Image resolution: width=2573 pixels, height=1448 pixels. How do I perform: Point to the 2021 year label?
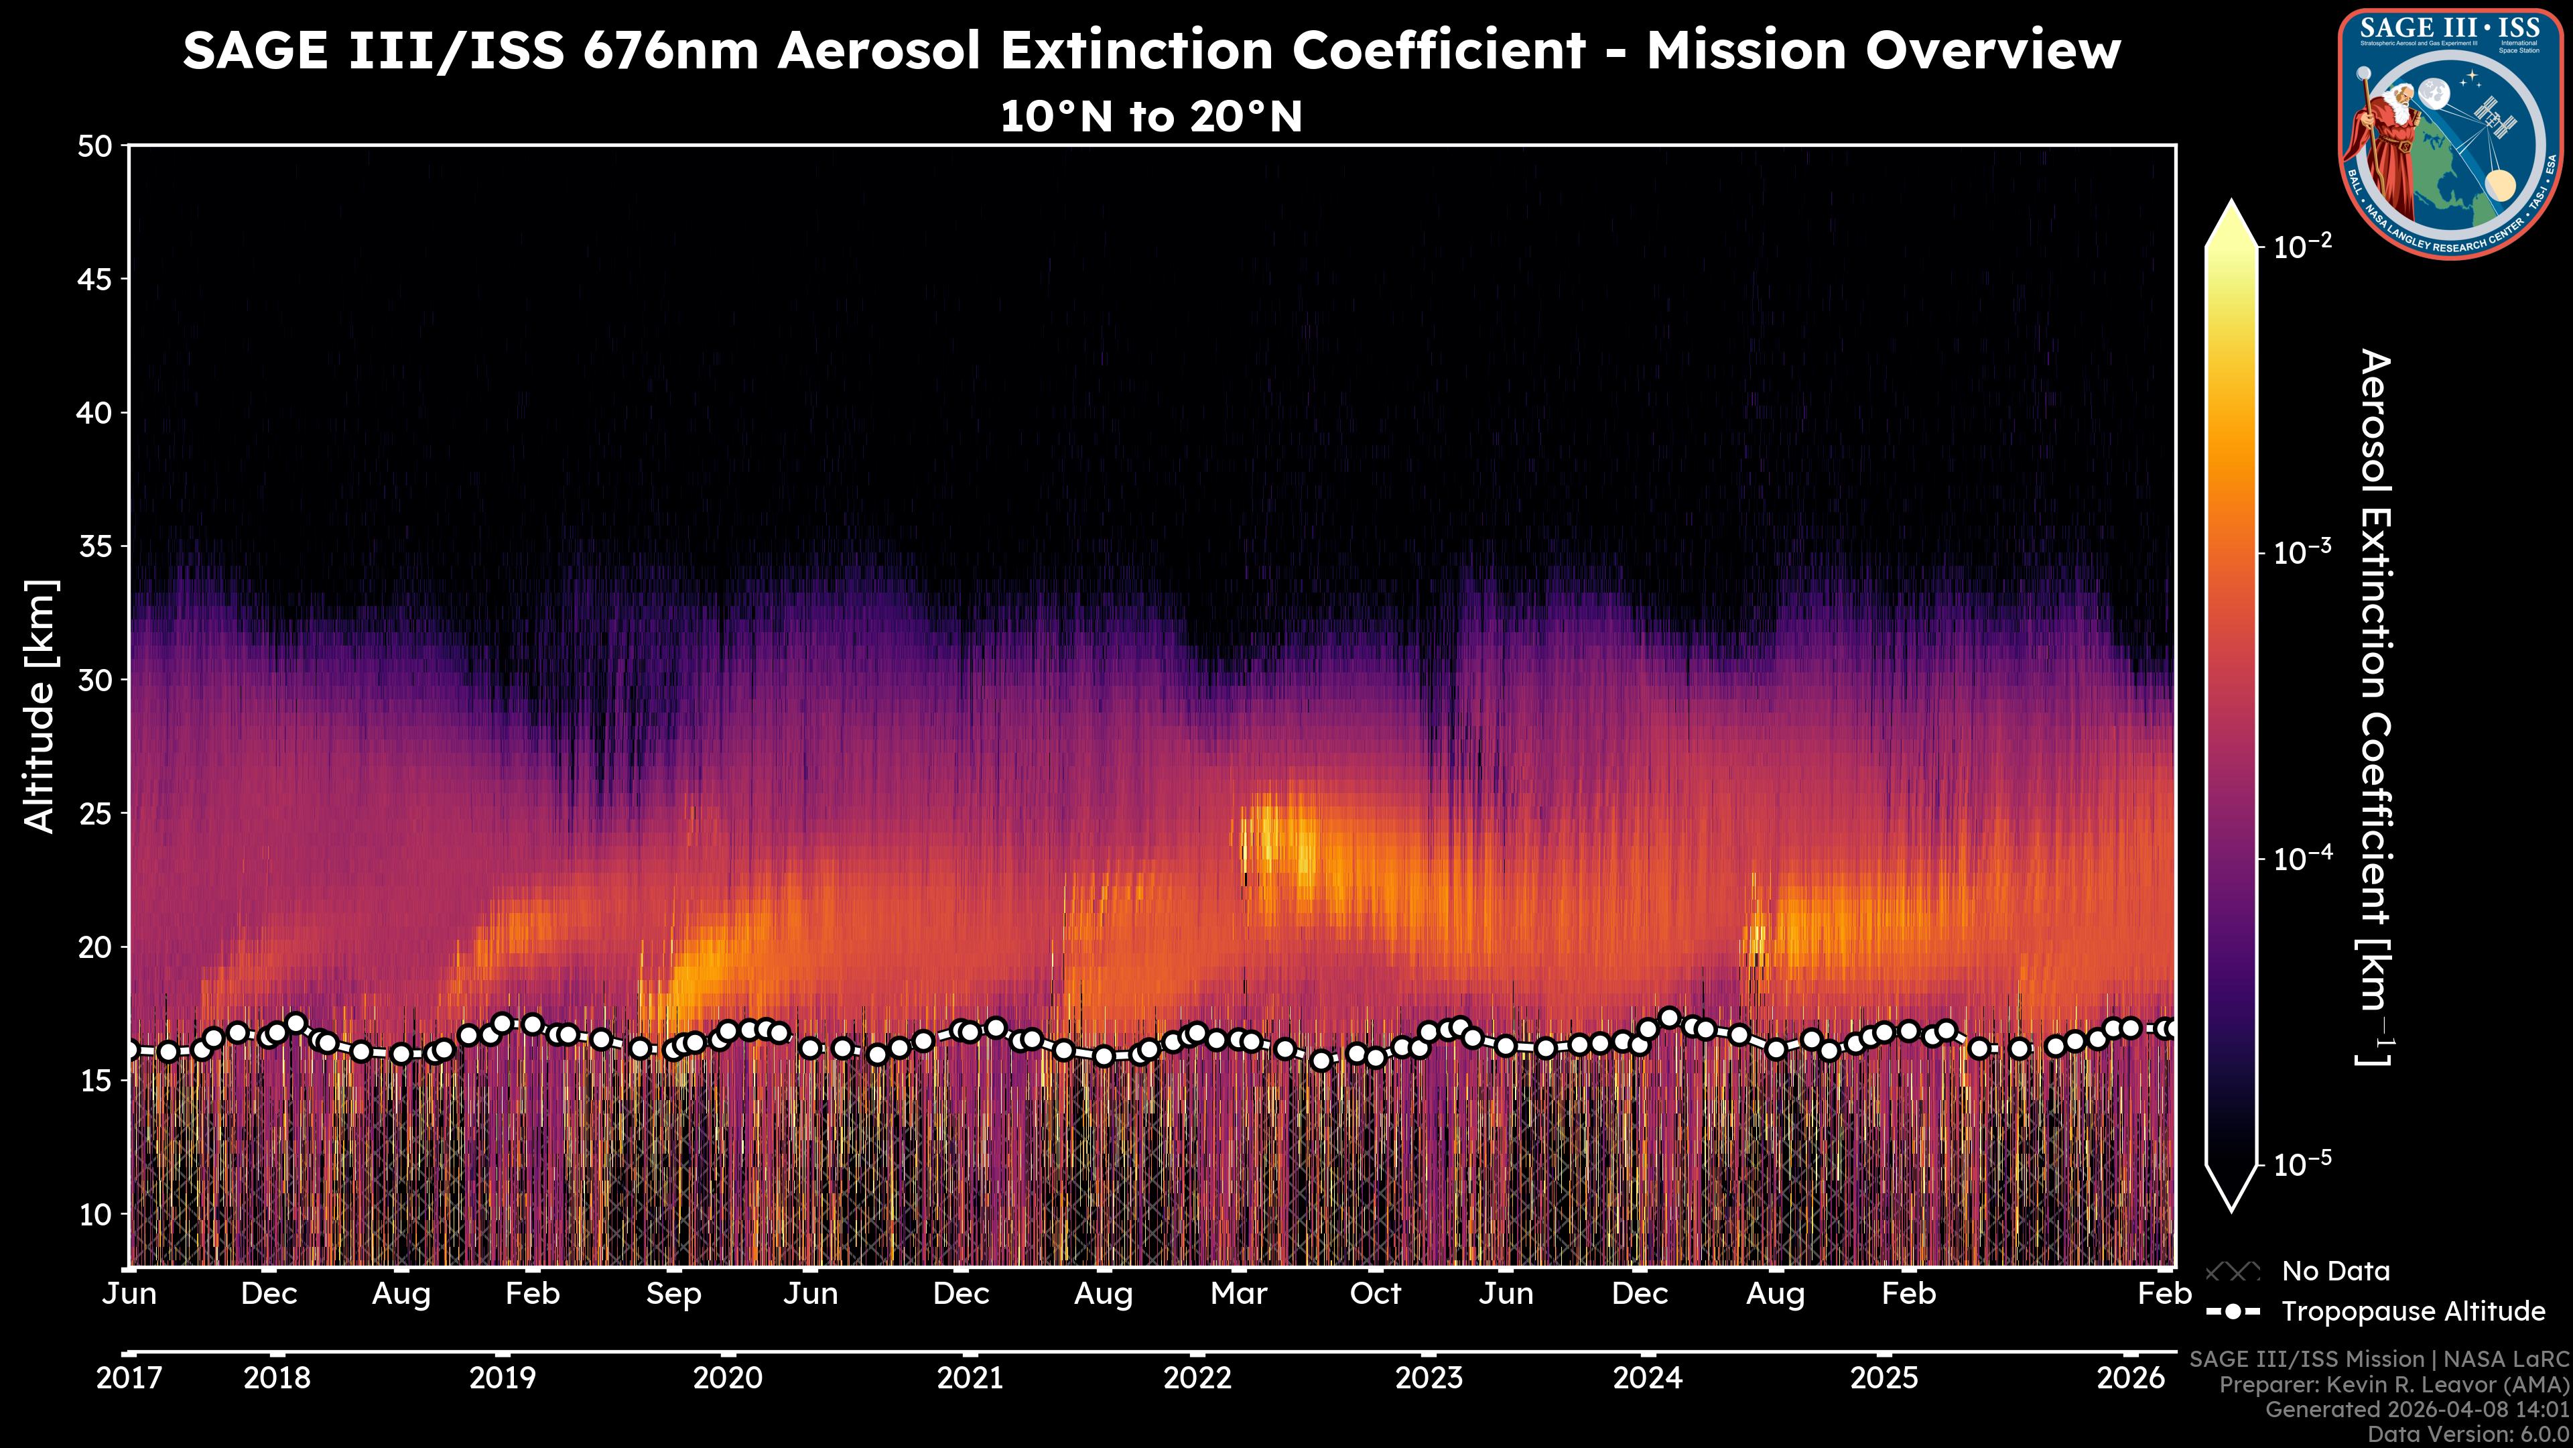click(969, 1378)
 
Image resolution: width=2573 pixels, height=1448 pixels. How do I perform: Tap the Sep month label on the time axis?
click(673, 1294)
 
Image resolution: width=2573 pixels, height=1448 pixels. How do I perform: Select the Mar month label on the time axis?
click(1238, 1294)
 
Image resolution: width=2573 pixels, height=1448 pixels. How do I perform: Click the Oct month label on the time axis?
click(1376, 1294)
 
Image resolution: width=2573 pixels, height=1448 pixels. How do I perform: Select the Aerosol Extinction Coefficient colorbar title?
click(2375, 707)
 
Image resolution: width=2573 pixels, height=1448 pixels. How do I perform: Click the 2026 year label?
click(2129, 1378)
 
